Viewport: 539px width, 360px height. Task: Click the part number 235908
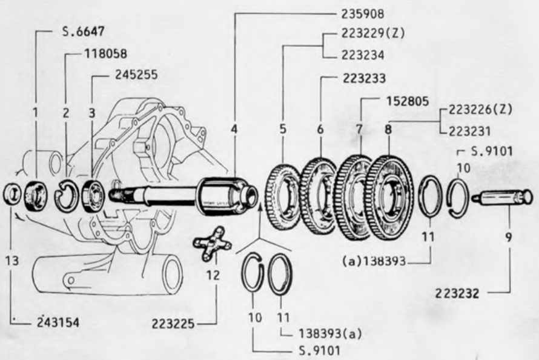[362, 14]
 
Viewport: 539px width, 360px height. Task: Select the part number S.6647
[83, 32]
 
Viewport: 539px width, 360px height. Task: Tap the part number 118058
[105, 54]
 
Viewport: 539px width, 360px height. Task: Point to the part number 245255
[136, 75]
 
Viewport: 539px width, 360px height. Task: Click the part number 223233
[364, 78]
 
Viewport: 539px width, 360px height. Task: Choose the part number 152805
[408, 101]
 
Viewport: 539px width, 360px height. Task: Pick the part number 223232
[457, 293]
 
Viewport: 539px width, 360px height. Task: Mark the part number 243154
[58, 322]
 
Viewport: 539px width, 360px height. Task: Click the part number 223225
[173, 324]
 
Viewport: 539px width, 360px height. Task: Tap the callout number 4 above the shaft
[234, 130]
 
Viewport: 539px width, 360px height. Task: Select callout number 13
[12, 261]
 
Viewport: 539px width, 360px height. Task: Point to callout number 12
[213, 275]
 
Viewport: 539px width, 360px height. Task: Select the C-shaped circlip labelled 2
[67, 196]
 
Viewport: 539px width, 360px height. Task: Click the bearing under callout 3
[93, 196]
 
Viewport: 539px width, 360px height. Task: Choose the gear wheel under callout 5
[283, 197]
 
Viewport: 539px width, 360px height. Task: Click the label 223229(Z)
[373, 33]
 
